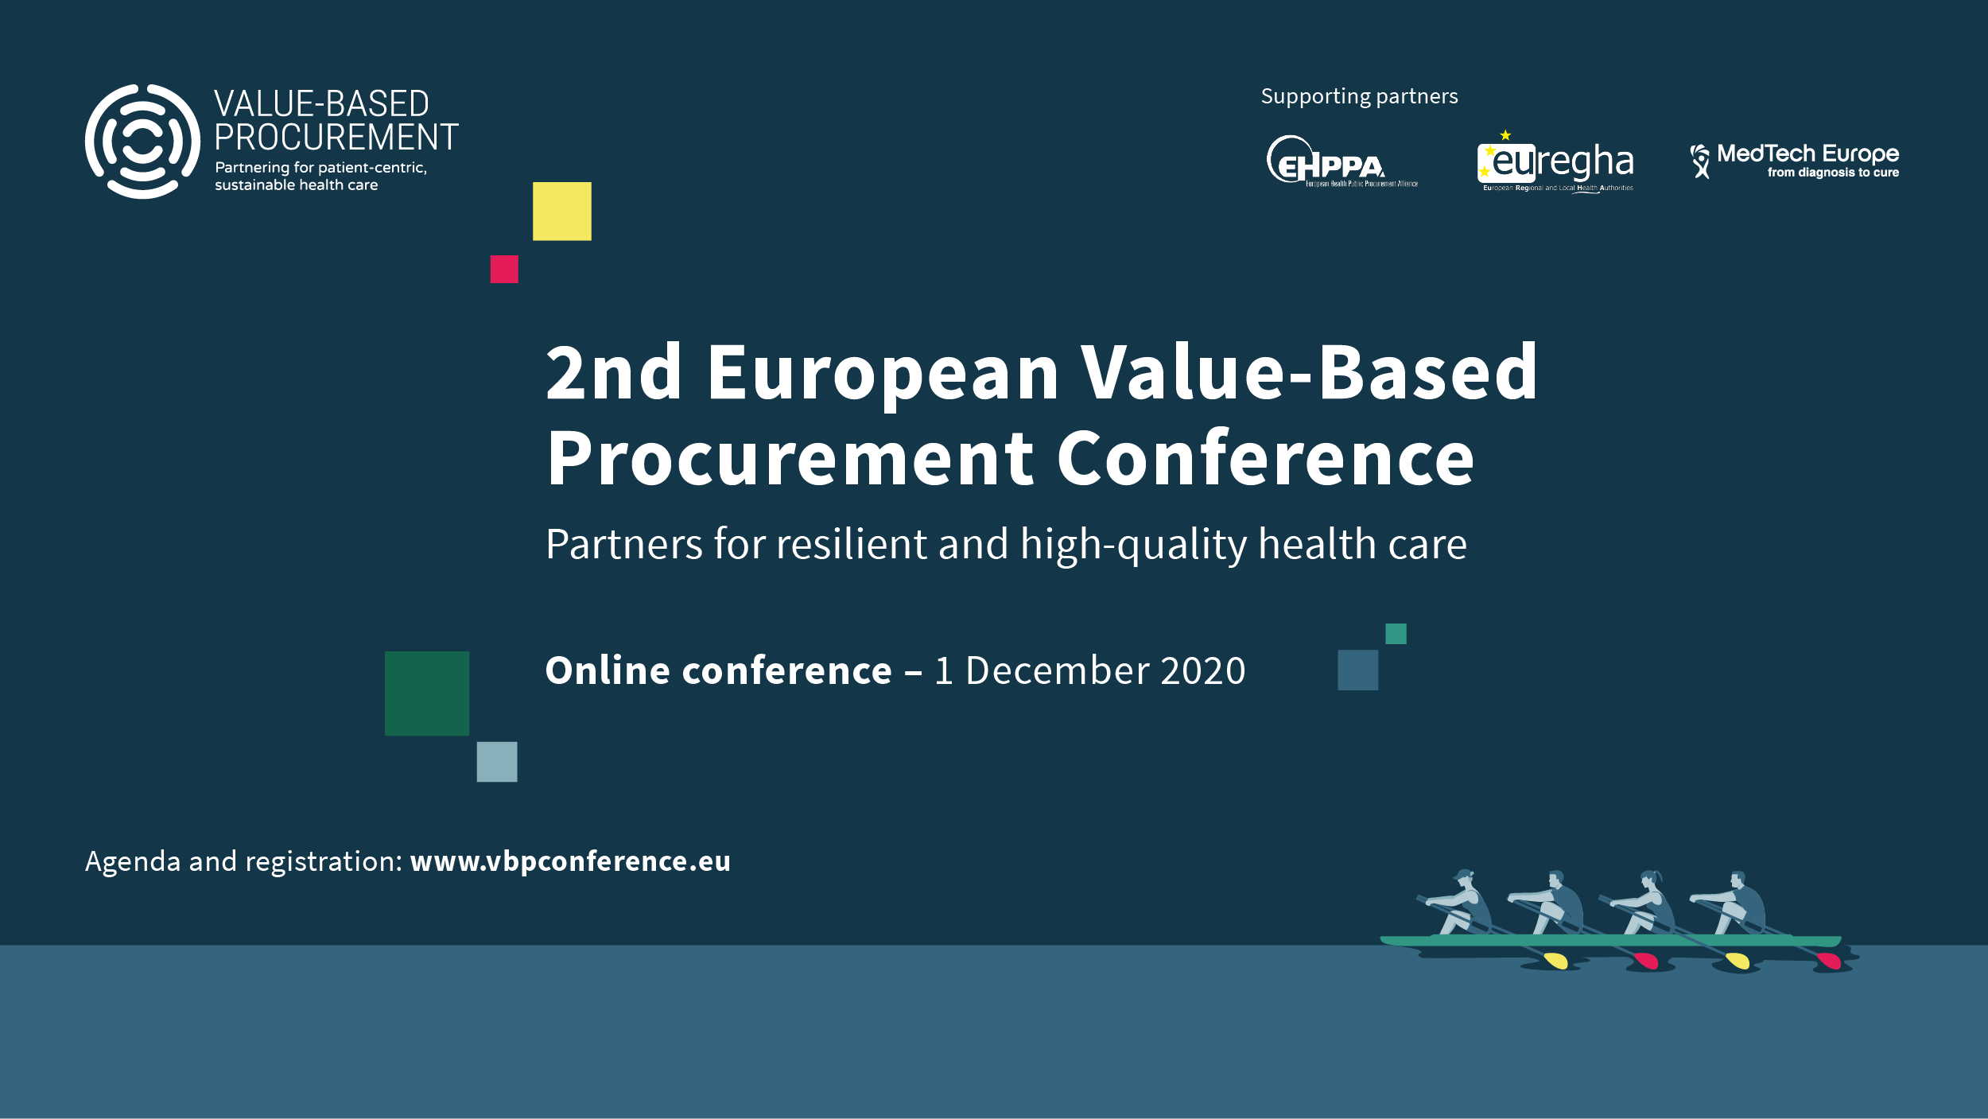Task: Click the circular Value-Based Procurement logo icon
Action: pos(142,142)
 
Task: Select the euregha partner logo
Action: pos(1556,163)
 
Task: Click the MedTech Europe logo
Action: pos(1795,160)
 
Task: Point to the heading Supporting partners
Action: pos(1359,96)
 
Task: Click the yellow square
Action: pos(561,212)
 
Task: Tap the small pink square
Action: pos(504,269)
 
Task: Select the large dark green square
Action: pos(427,694)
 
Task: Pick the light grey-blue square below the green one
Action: pos(497,762)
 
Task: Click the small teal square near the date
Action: pos(1396,634)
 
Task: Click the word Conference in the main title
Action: pos(1265,459)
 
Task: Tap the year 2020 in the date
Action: pos(1202,671)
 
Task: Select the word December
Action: pos(1057,671)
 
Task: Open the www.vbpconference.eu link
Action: pos(570,861)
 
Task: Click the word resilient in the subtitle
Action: pos(850,545)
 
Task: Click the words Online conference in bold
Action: pos(718,671)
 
